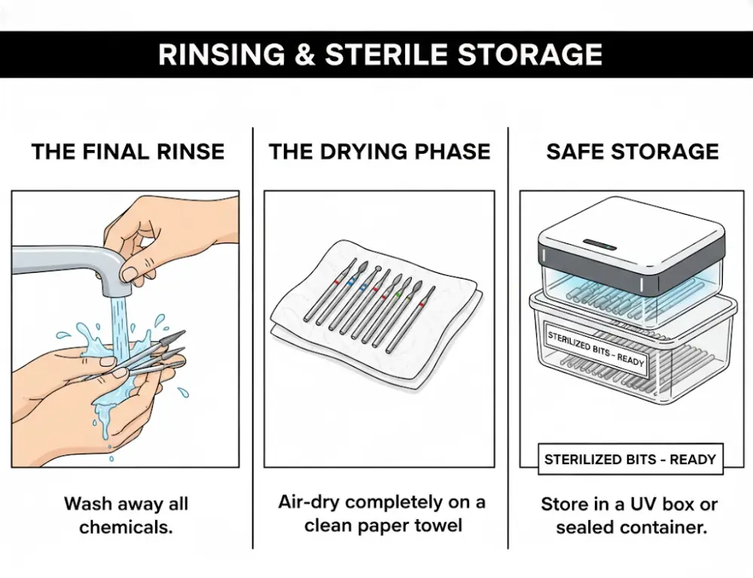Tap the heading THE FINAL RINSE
pyautogui.click(x=128, y=151)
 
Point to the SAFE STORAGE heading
pyautogui.click(x=633, y=151)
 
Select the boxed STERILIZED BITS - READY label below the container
pyautogui.click(x=630, y=459)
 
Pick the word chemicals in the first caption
pyautogui.click(x=126, y=527)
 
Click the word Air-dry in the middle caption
pyautogui.click(x=309, y=502)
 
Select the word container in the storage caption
pyautogui.click(x=669, y=527)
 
